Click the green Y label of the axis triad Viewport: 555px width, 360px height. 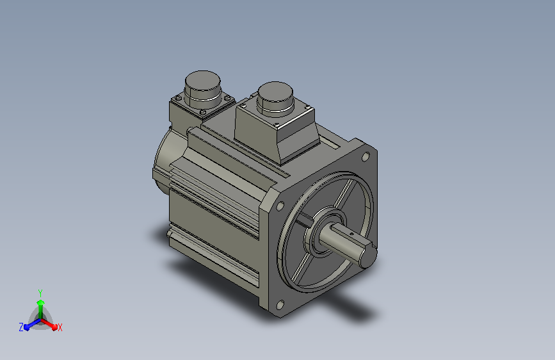[40, 293]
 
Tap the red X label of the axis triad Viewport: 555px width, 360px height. [60, 327]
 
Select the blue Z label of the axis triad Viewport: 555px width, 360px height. [21, 327]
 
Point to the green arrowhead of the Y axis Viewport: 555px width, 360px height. [41, 302]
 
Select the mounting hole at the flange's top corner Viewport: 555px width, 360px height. [366, 156]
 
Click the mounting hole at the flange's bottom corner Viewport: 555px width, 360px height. [280, 305]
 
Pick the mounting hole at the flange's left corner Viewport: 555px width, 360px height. [280, 206]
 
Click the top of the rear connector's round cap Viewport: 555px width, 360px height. [202, 80]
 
